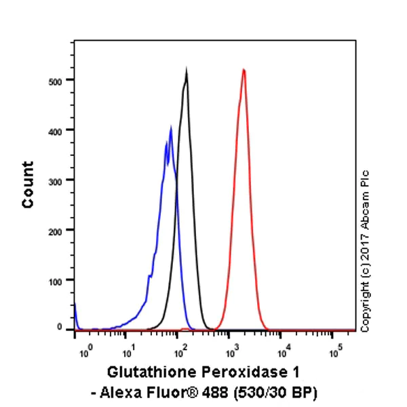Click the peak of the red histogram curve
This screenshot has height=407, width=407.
click(244, 69)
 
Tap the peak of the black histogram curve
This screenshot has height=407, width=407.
click(187, 71)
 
